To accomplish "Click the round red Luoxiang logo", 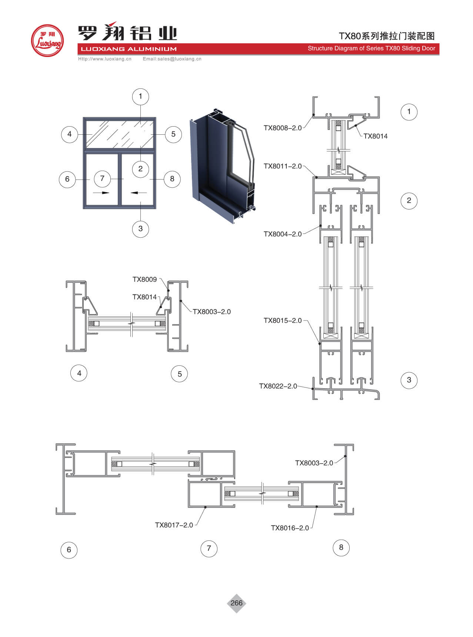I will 47,41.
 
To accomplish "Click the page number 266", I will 236,603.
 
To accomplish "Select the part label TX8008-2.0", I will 283,128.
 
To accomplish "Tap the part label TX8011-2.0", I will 283,166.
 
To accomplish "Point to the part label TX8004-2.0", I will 283,234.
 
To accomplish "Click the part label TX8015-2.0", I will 283,321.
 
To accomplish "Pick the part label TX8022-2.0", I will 278,386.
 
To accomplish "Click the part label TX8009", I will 145,279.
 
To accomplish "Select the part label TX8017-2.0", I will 174,525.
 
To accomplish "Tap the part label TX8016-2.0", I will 290,528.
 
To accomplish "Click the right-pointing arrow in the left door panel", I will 101,193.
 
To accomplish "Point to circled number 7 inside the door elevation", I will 102,178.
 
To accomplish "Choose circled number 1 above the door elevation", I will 140,97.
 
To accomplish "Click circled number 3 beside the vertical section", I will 409,380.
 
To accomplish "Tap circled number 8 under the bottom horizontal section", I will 341,547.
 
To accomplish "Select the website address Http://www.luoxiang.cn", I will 105,59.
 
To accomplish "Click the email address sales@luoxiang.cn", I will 172,59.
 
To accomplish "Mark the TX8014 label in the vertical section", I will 375,136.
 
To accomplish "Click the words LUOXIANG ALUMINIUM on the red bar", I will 129,49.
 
